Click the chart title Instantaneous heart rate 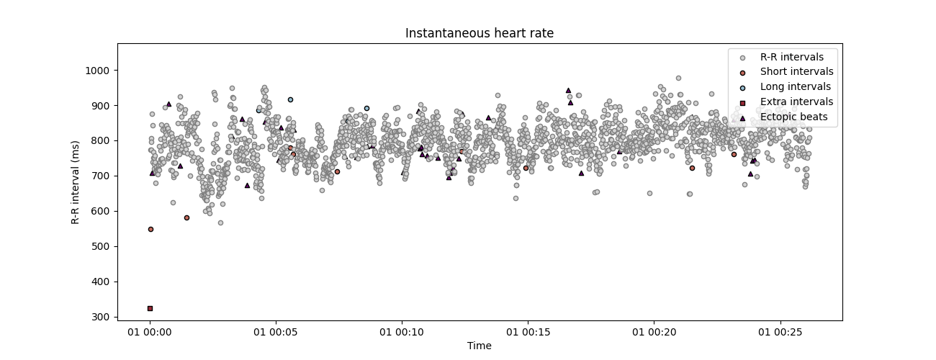(x=479, y=33)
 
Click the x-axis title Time (x=479, y=346)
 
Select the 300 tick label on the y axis (x=100, y=317)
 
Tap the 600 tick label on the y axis (x=100, y=211)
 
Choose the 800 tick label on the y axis (x=100, y=141)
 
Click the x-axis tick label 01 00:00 (x=150, y=332)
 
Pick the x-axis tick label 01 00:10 (x=401, y=332)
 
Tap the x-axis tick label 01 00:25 (x=779, y=332)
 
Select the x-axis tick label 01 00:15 (x=527, y=332)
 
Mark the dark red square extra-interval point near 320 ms (x=150, y=308)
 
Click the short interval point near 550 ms (x=150, y=229)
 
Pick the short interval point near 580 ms (x=186, y=217)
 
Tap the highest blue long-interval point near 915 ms (x=290, y=99)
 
